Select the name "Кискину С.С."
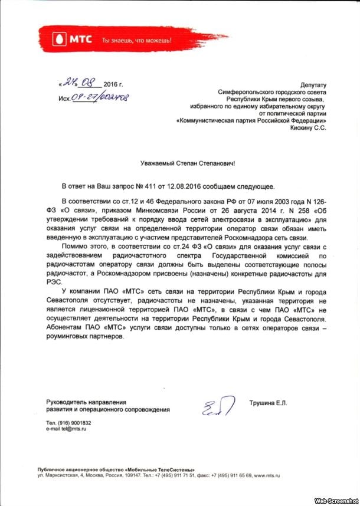tap(309, 127)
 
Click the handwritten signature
tap(214, 406)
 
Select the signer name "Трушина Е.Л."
tap(268, 402)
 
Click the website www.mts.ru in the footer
tap(266, 475)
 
